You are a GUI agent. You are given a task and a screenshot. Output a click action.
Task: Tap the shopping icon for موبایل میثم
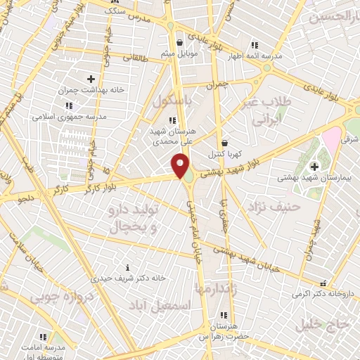click(180, 41)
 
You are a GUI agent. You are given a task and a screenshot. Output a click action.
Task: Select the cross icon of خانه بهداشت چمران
click(91, 78)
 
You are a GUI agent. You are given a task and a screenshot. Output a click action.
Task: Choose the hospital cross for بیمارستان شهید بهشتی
click(314, 167)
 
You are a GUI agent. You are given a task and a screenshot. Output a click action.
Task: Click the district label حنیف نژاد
click(274, 206)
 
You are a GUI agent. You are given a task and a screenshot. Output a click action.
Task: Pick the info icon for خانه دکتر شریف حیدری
click(127, 267)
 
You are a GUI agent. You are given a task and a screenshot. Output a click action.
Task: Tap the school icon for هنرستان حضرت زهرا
click(224, 315)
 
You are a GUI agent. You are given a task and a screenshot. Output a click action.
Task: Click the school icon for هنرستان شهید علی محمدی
click(173, 120)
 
